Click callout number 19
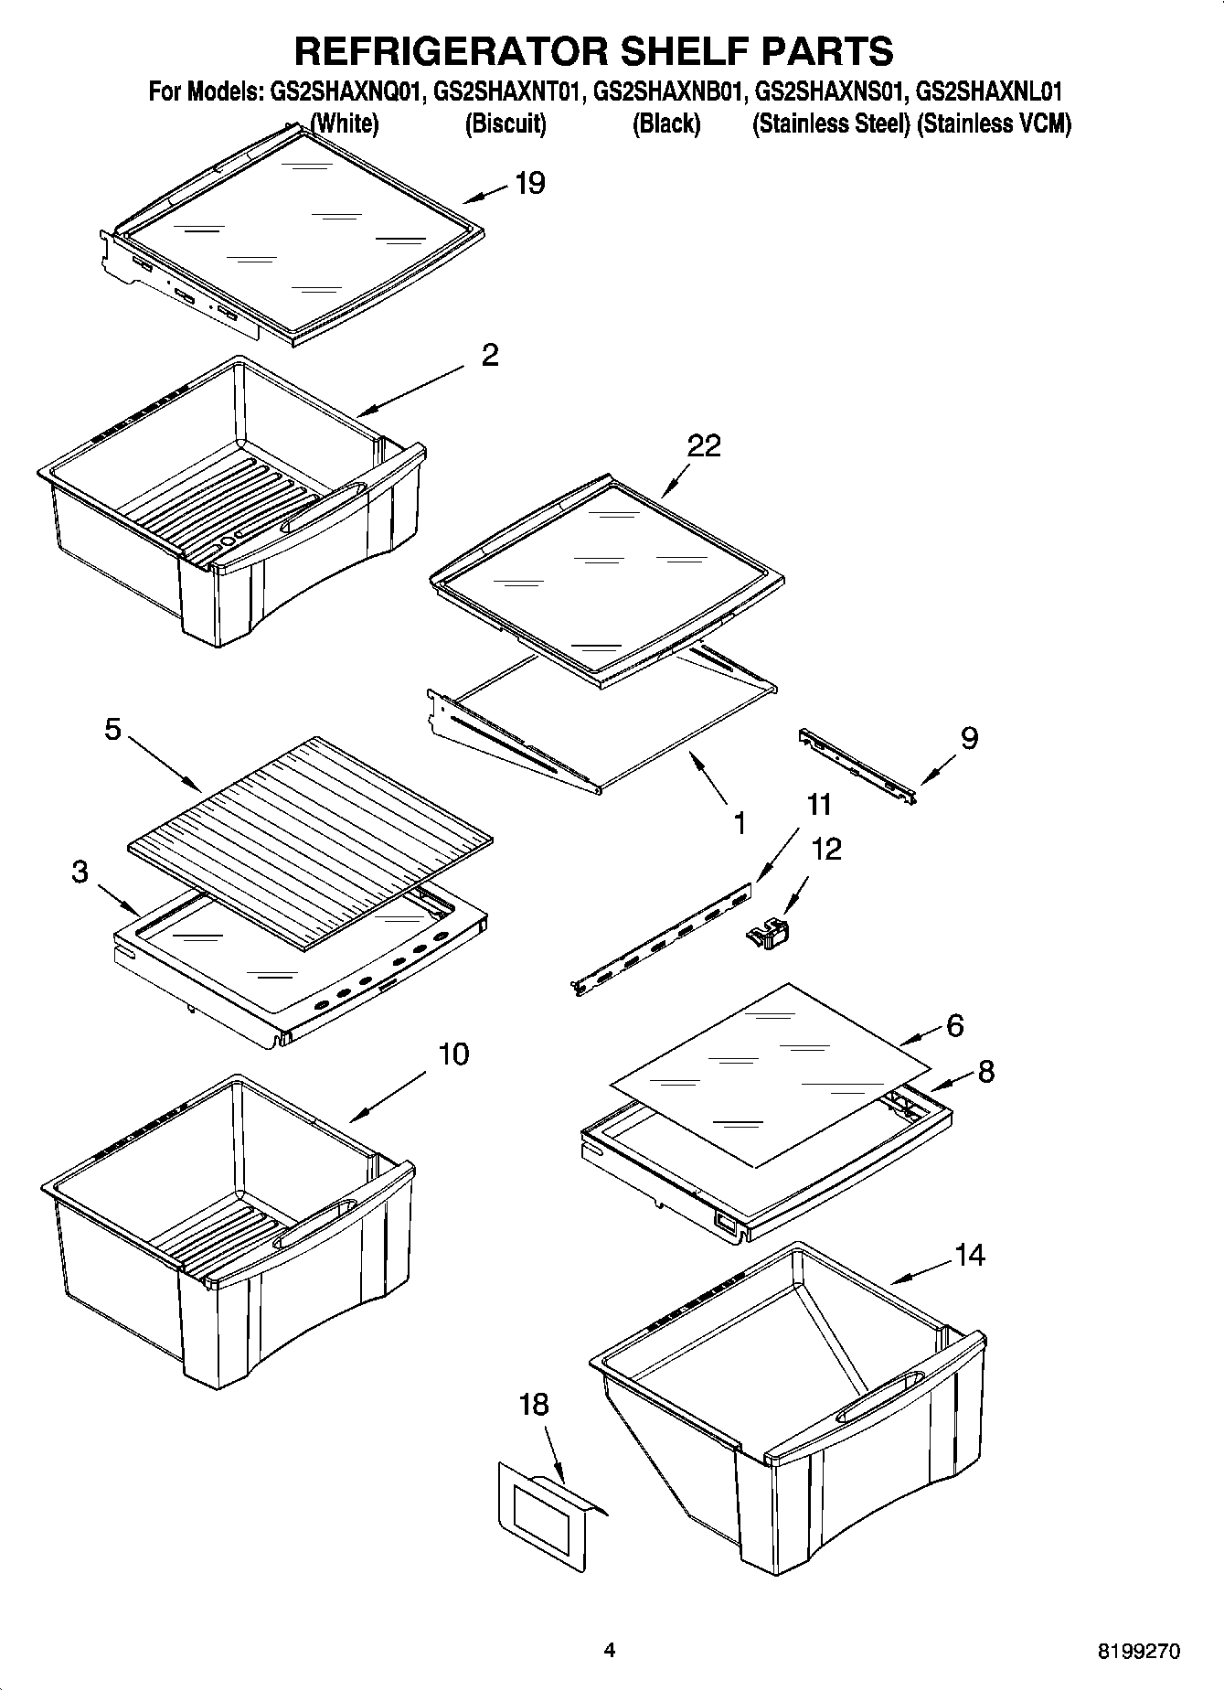click(530, 183)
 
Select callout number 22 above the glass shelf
click(704, 445)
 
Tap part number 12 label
click(825, 849)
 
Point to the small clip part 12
click(769, 936)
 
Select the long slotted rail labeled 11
click(663, 937)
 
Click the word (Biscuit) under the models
click(506, 124)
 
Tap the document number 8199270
click(1138, 1652)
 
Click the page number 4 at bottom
click(610, 1651)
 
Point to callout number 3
click(80, 872)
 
